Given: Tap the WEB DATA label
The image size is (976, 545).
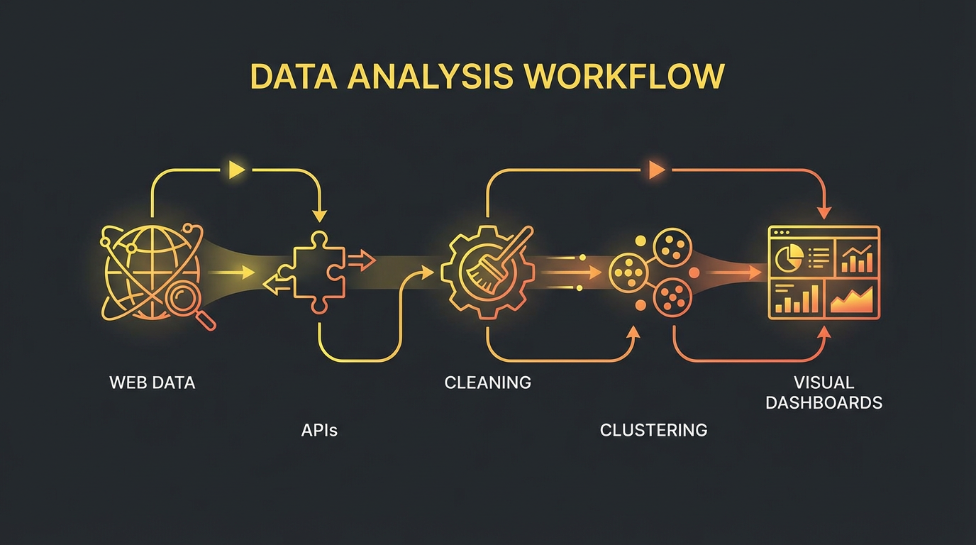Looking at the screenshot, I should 152,383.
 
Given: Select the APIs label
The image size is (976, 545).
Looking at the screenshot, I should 319,430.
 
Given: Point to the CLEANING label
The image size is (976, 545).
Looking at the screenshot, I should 487,383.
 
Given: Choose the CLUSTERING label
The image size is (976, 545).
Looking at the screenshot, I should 653,430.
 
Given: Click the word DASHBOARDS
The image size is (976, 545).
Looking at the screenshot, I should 823,403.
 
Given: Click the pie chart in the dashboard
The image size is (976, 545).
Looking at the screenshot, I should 786,258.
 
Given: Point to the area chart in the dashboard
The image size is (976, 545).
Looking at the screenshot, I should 853,301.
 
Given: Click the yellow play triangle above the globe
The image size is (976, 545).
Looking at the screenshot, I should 236,170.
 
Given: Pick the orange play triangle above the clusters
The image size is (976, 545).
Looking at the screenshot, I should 657,170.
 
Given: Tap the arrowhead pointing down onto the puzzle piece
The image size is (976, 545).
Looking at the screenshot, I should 320,214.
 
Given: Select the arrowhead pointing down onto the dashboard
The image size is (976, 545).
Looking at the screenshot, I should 823,213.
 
